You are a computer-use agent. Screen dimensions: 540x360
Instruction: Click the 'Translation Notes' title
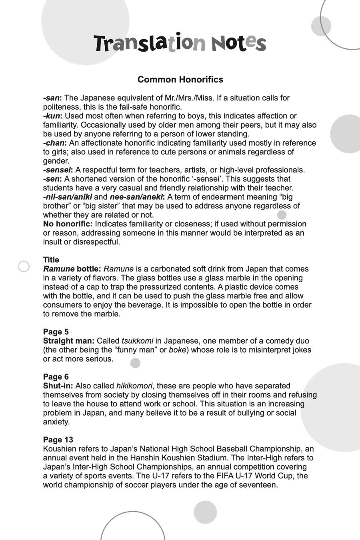(x=180, y=43)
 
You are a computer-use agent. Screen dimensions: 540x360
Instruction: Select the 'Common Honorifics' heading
(x=180, y=80)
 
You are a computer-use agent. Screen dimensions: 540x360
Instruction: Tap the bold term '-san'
(x=52, y=98)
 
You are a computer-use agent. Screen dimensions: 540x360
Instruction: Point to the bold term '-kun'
(x=52, y=116)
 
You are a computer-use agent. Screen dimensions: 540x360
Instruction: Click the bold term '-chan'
(x=55, y=143)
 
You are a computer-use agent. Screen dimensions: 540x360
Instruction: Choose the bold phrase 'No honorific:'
(x=68, y=224)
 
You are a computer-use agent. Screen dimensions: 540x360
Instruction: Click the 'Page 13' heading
(x=58, y=440)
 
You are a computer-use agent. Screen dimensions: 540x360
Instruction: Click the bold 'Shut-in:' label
(x=58, y=386)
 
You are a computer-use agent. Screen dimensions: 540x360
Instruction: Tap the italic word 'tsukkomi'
(x=137, y=341)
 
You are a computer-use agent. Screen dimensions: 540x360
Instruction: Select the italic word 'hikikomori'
(x=134, y=386)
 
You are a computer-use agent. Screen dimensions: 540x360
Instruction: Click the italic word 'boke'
(x=178, y=350)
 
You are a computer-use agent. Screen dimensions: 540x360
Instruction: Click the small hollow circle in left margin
(x=24, y=266)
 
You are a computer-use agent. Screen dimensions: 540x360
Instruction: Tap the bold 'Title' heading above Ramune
(x=51, y=260)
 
